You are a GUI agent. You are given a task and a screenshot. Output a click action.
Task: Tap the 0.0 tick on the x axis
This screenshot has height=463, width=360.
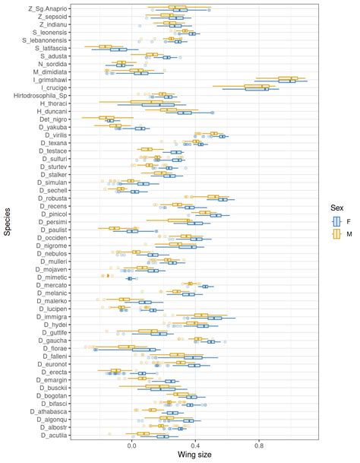click(x=130, y=448)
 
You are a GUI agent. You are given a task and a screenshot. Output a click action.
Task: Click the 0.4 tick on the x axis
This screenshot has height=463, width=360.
click(x=194, y=448)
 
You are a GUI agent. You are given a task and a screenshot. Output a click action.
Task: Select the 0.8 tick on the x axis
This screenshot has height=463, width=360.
click(x=259, y=448)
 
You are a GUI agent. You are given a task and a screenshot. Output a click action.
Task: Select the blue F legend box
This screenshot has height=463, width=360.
click(x=333, y=220)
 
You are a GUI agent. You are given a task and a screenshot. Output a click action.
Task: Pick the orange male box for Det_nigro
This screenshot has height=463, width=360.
click(x=106, y=117)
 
